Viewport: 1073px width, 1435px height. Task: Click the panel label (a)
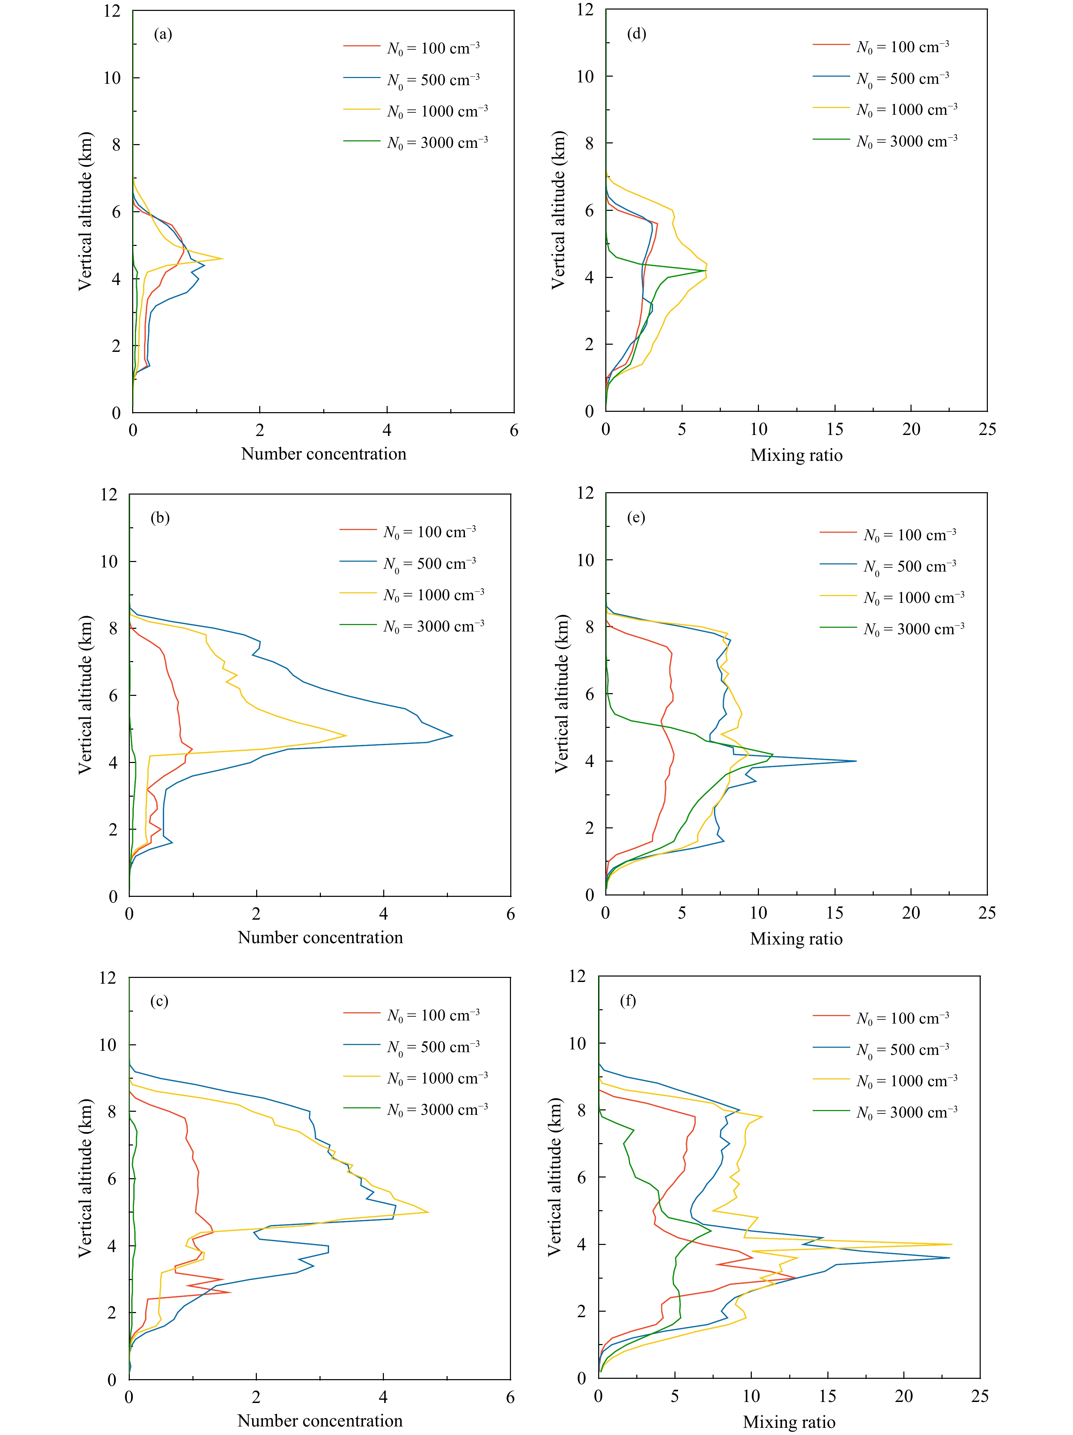point(163,34)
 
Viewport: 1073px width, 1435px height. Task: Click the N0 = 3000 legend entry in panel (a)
point(415,142)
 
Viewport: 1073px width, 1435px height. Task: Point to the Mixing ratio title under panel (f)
point(789,1421)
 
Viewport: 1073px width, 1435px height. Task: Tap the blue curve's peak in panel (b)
point(452,735)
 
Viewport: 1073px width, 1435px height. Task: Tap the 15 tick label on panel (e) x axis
point(834,913)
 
